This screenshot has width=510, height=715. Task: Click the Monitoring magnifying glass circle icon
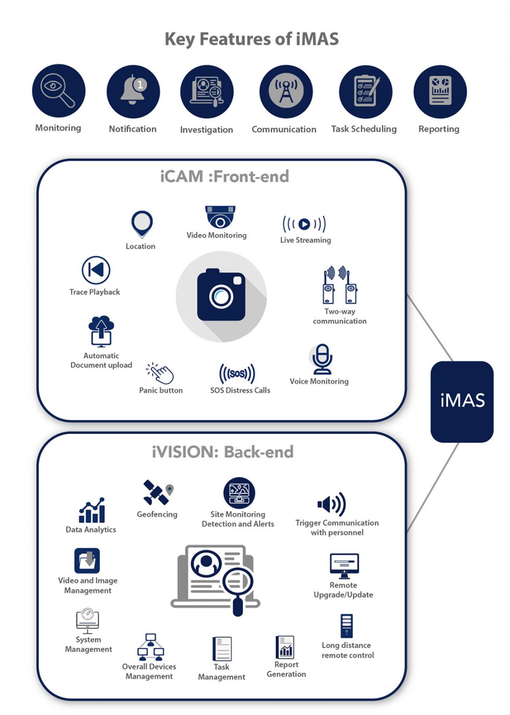(x=58, y=91)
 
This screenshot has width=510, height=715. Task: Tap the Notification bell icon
(x=133, y=91)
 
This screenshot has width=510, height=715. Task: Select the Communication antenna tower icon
(x=286, y=91)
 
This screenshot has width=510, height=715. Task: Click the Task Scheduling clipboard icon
(x=365, y=92)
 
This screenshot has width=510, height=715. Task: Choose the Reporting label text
(x=439, y=129)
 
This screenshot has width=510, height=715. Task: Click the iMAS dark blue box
(x=462, y=401)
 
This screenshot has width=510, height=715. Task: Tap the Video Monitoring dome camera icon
(x=220, y=217)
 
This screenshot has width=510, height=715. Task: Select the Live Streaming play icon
(x=304, y=224)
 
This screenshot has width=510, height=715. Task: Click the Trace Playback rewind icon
(x=96, y=270)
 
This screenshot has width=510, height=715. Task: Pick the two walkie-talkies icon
(x=339, y=286)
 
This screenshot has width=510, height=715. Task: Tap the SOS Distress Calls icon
(x=237, y=374)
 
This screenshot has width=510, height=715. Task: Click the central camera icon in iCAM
(x=221, y=295)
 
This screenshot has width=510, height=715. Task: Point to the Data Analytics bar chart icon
(x=92, y=510)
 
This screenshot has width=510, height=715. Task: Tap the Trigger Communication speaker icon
(x=332, y=504)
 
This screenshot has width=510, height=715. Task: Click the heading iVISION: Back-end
(x=223, y=452)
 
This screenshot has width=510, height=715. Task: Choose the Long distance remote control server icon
(x=347, y=626)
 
